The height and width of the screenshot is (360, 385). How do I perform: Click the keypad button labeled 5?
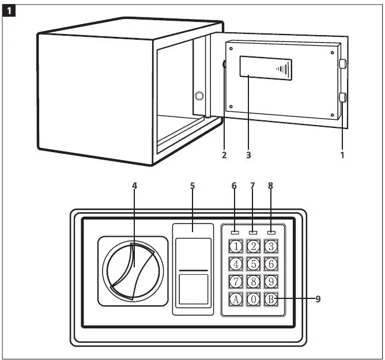pyautogui.click(x=254, y=264)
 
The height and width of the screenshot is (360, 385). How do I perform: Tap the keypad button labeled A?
pyautogui.click(x=236, y=299)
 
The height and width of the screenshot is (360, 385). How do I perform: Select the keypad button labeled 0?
pyautogui.click(x=254, y=299)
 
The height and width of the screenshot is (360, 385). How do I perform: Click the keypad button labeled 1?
pyautogui.click(x=236, y=247)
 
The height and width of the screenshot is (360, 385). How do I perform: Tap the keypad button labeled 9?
pyautogui.click(x=271, y=282)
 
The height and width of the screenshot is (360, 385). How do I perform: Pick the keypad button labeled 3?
pyautogui.click(x=271, y=247)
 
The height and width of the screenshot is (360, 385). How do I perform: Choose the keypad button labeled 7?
pyautogui.click(x=236, y=282)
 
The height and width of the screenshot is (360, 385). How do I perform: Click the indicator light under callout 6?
pyautogui.click(x=235, y=233)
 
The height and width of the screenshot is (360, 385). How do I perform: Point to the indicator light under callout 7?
pyautogui.click(x=254, y=233)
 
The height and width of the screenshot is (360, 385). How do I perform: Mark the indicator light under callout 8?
pyautogui.click(x=271, y=233)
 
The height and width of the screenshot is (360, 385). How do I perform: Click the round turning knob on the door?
pyautogui.click(x=132, y=271)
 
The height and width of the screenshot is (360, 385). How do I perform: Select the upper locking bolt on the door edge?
pyautogui.click(x=343, y=64)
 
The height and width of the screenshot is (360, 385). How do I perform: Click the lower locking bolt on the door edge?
pyautogui.click(x=343, y=97)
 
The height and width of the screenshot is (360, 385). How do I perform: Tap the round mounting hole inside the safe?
pyautogui.click(x=199, y=95)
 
